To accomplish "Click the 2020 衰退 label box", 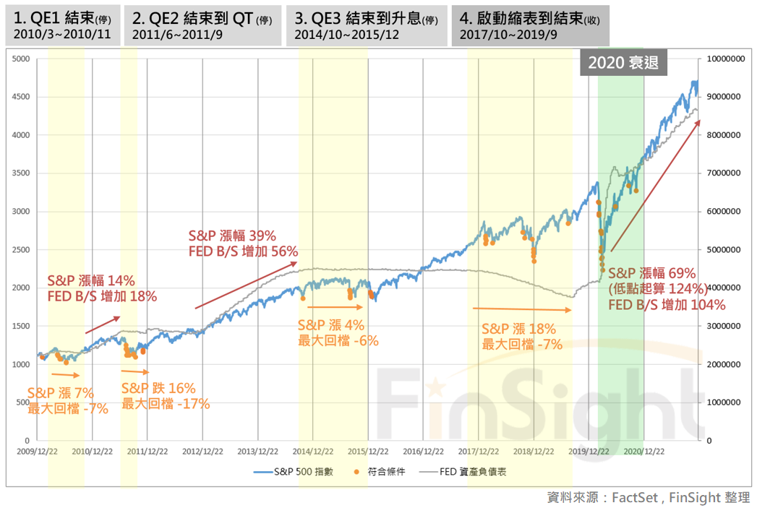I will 623,63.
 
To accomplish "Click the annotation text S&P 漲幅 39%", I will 232,236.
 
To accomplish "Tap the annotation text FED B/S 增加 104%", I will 666,305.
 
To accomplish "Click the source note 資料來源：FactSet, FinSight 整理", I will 649,497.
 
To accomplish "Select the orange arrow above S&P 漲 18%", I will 521,309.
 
